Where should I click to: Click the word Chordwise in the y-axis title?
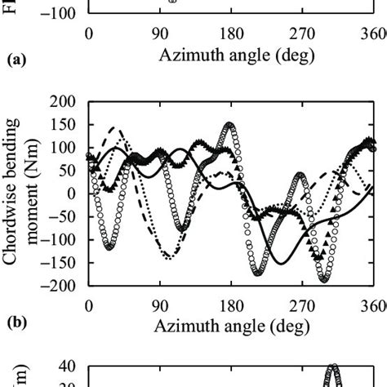[18, 218]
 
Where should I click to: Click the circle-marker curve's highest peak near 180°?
[230, 125]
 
